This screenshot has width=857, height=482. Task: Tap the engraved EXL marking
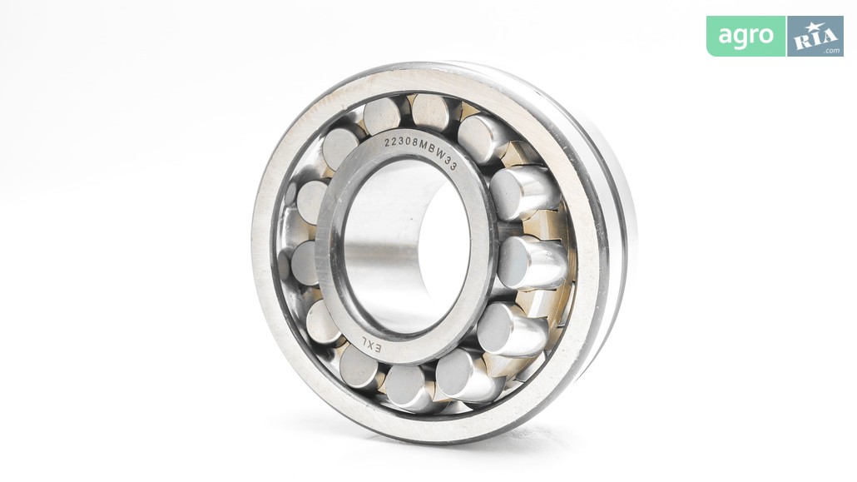click(370, 345)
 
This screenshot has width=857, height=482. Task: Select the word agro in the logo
click(746, 36)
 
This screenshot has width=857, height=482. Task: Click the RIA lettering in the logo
click(815, 38)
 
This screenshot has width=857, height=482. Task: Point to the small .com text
click(832, 51)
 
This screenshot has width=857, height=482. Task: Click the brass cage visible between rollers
click(541, 224)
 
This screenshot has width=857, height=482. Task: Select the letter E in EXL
click(377, 349)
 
